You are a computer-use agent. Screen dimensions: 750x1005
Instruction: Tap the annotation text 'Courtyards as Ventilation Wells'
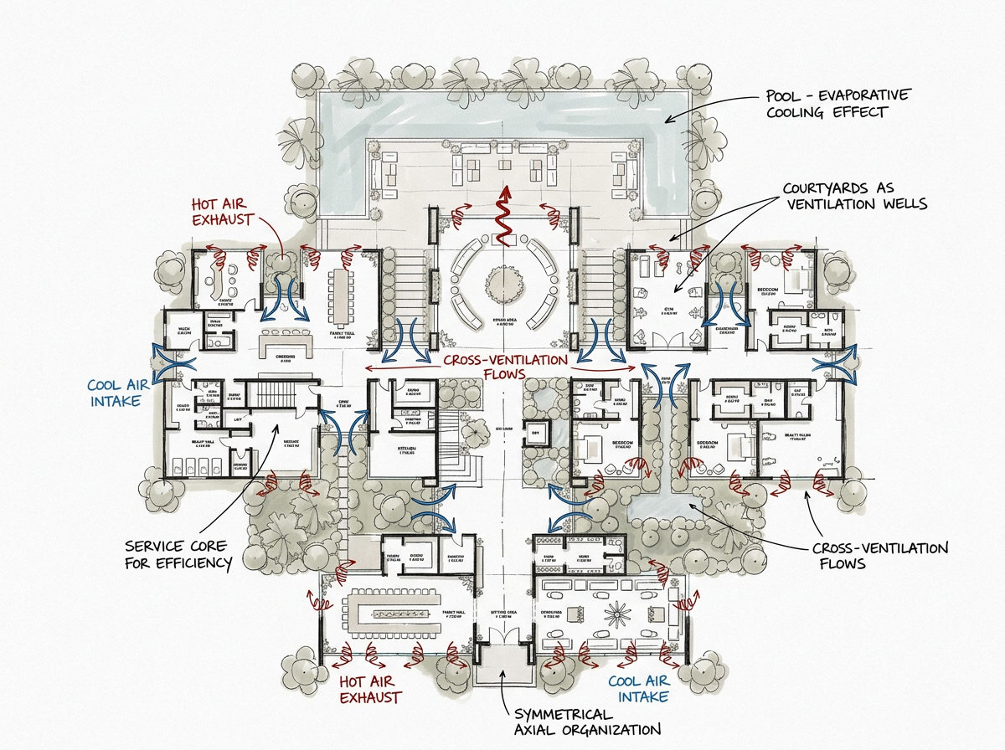(x=855, y=197)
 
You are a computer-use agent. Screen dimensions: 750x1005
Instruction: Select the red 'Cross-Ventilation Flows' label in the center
(x=505, y=367)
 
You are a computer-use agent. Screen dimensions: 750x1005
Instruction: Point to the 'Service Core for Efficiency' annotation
(x=178, y=554)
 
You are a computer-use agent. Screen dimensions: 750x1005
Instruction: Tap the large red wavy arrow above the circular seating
(x=505, y=216)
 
